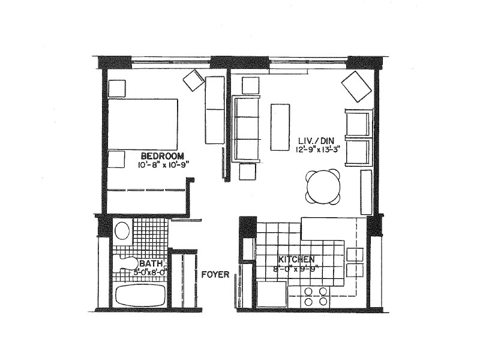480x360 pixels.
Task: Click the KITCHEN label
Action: tap(296, 260)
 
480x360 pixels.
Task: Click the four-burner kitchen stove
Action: tap(315, 296)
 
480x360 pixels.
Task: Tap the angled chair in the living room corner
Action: tap(356, 86)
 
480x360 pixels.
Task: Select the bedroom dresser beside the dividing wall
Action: tap(214, 109)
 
